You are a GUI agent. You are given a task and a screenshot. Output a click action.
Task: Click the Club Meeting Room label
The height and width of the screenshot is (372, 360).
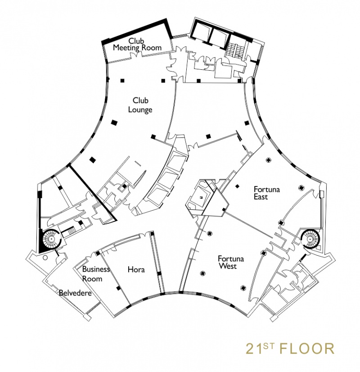click(x=137, y=45)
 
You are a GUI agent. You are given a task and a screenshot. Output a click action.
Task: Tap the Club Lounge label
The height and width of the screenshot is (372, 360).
click(x=140, y=105)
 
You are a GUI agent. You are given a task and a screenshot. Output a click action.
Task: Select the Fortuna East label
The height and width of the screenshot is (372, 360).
click(x=266, y=193)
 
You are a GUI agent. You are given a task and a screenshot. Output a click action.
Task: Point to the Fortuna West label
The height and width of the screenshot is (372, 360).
click(x=230, y=262)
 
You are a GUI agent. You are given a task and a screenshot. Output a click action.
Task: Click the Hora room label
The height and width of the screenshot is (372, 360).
click(x=136, y=269)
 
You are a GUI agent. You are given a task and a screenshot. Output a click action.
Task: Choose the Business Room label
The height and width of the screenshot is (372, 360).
click(x=96, y=274)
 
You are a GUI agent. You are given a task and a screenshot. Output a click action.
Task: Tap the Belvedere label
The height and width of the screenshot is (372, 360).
click(x=75, y=293)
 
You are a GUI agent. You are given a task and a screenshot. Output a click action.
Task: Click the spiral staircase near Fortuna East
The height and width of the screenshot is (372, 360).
click(x=310, y=239)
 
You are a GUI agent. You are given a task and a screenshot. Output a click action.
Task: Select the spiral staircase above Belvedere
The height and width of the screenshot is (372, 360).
click(x=52, y=239)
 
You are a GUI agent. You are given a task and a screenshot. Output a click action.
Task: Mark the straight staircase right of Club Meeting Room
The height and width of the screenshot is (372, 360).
click(x=235, y=51)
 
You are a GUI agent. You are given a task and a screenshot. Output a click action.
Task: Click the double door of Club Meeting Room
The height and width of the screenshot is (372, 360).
click(x=136, y=55)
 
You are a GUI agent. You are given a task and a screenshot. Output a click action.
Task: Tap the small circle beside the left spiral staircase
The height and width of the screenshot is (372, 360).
click(x=45, y=258)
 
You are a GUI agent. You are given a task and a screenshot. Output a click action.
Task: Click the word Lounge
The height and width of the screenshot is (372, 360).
click(x=140, y=110)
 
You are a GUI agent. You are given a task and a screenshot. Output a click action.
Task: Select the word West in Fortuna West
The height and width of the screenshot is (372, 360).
click(x=228, y=266)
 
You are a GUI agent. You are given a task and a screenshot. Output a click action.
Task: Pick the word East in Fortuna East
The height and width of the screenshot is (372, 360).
click(x=261, y=197)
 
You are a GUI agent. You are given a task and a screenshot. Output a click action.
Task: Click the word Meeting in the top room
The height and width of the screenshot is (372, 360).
click(x=126, y=48)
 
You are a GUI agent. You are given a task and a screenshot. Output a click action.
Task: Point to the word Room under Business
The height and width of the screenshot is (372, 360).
click(x=92, y=278)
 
